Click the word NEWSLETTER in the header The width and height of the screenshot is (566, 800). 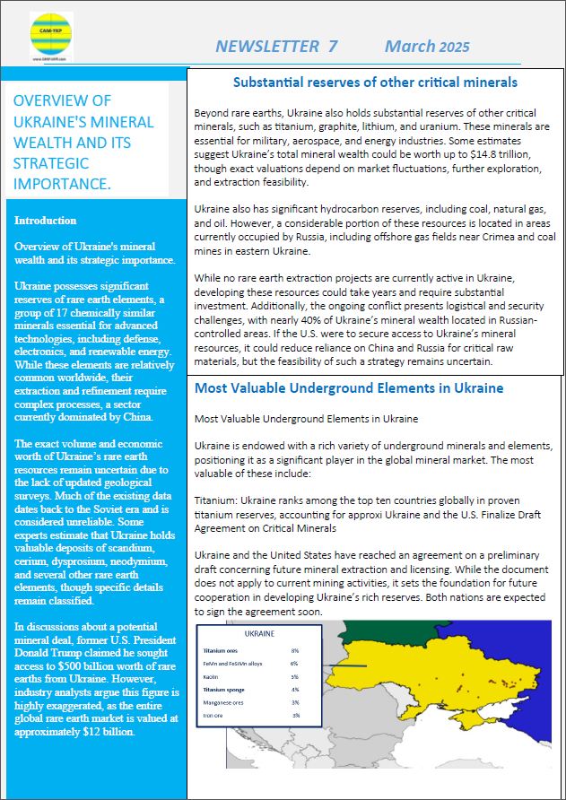(266, 47)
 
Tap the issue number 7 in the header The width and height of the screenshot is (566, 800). (333, 47)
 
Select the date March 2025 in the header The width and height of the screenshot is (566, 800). (426, 47)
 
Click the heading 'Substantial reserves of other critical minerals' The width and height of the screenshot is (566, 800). (375, 83)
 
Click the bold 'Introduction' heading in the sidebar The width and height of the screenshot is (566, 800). (45, 221)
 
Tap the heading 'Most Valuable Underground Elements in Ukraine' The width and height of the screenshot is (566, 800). (349, 388)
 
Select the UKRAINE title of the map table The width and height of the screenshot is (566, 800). (259, 632)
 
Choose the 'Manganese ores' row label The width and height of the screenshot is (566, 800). (223, 702)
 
